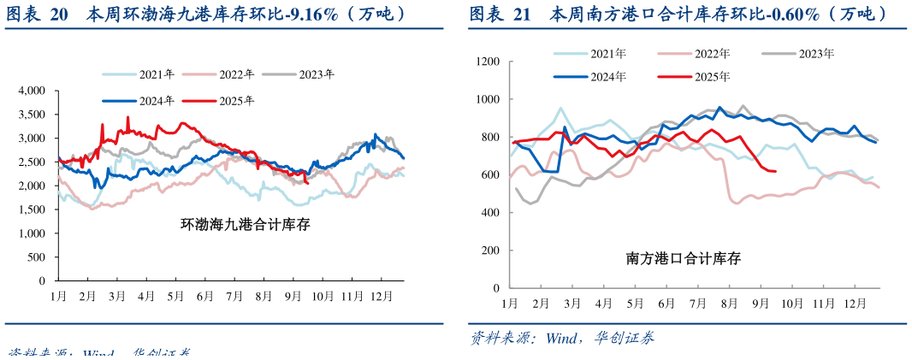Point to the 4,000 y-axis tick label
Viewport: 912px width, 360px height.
[x=32, y=90]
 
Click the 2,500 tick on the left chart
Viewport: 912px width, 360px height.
[x=32, y=162]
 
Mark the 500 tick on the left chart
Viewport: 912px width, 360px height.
[x=38, y=257]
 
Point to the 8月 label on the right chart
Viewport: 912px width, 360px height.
[x=729, y=304]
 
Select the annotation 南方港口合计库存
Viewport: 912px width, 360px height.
[x=683, y=257]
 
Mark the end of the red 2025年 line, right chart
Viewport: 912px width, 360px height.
[x=775, y=171]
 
